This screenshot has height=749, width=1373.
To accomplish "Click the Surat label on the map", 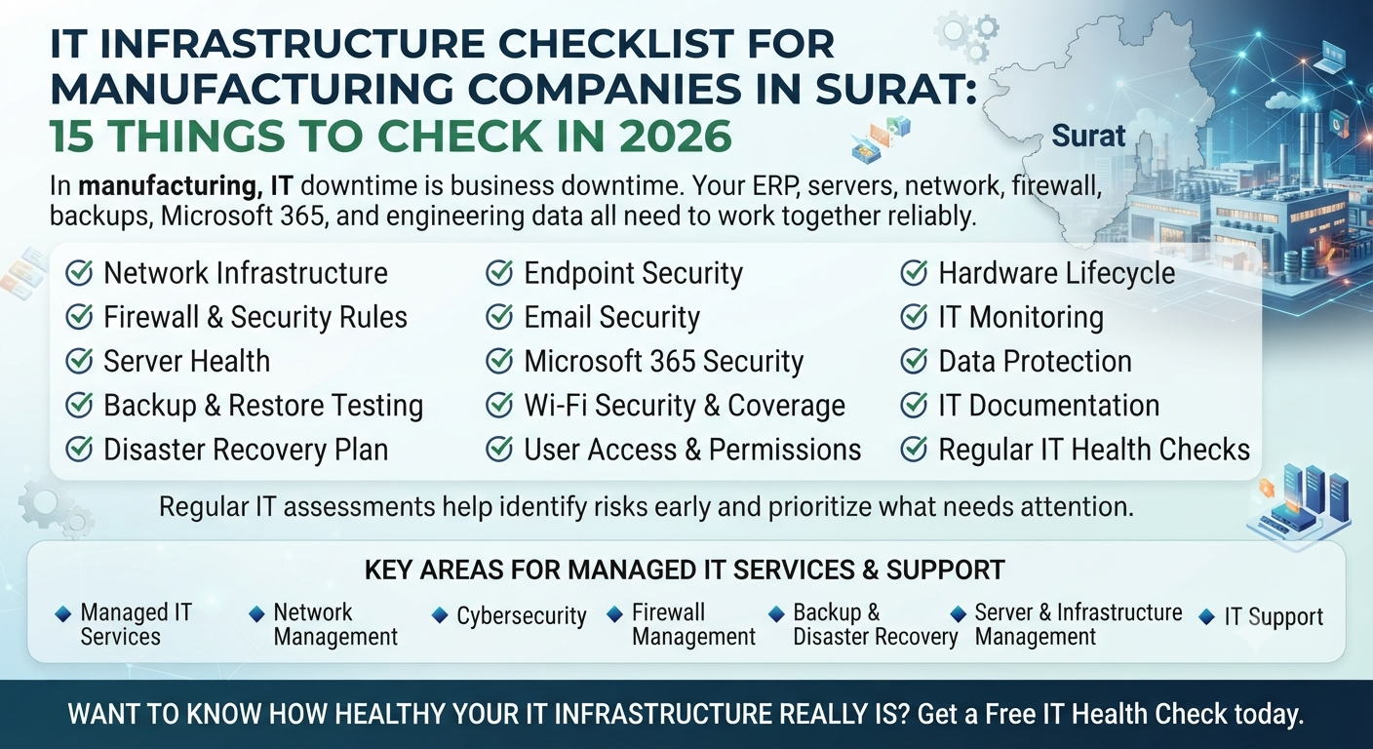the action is (x=1088, y=136).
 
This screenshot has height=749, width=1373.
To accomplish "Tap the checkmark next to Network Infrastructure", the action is (x=79, y=273).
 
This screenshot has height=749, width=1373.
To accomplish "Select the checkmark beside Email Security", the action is (x=499, y=317).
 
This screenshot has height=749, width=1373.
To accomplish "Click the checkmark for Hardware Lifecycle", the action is (x=914, y=273).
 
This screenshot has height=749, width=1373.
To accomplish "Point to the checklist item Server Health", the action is (x=187, y=361).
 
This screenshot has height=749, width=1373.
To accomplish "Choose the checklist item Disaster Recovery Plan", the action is (x=246, y=450).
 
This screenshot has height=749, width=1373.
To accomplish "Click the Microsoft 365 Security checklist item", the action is (x=664, y=361).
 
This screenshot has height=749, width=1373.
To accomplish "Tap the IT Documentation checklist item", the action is (x=1048, y=405).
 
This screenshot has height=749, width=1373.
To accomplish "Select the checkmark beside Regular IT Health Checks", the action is (x=914, y=450).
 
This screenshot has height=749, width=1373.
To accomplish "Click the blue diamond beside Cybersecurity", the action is (x=440, y=614).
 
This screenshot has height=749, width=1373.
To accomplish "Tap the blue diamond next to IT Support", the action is (x=1206, y=616).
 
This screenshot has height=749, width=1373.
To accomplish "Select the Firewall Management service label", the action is (x=694, y=624).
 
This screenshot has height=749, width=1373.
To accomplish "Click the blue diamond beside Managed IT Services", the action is (x=63, y=613).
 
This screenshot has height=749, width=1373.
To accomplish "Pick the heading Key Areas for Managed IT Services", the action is (x=685, y=570).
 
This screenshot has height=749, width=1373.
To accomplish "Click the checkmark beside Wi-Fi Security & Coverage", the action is (x=499, y=405).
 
